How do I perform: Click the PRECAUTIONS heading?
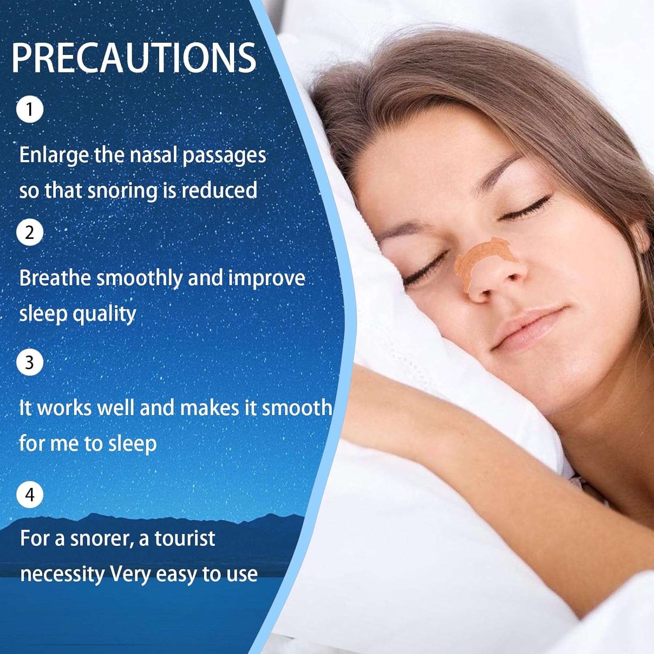[134, 58]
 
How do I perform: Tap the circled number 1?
[30, 109]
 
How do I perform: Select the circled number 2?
[30, 232]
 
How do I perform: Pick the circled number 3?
[30, 362]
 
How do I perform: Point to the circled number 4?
[30, 495]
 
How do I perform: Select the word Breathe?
[55, 278]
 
